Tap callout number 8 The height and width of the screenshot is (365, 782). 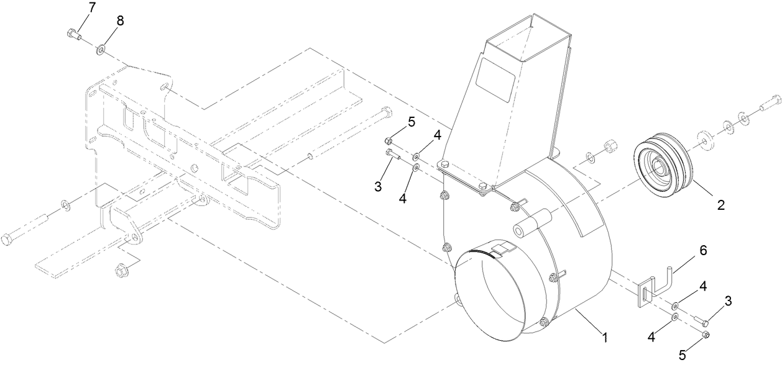pos(120,20)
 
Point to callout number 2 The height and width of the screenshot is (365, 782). pos(721,204)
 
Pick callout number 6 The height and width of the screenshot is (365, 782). pos(702,251)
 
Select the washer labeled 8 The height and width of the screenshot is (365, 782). pos(100,48)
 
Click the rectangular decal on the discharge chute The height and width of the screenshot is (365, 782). pos(495,79)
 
